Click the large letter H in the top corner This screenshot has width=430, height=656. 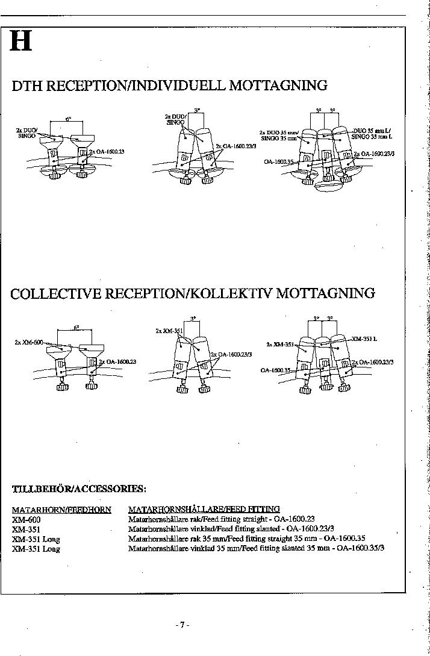(x=20, y=42)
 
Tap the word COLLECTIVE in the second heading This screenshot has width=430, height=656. (x=57, y=294)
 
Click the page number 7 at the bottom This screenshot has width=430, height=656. (x=183, y=625)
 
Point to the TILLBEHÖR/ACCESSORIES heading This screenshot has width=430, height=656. (x=79, y=488)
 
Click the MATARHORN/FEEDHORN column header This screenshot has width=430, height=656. (x=61, y=510)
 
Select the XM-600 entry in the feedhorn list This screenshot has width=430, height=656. (x=26, y=519)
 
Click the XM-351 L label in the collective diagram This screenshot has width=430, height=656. (x=364, y=339)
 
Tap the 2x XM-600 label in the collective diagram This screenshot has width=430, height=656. (x=29, y=342)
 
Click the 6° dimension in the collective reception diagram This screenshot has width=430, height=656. (x=76, y=328)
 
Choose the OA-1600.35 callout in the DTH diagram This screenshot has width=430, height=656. (x=278, y=161)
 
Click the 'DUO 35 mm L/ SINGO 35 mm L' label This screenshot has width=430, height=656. (x=372, y=134)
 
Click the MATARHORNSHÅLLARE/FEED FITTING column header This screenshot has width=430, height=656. (x=204, y=510)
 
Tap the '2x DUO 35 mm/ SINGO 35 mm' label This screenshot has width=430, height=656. (x=279, y=135)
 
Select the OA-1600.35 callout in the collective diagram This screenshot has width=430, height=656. (x=276, y=370)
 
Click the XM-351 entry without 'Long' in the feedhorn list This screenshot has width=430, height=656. (x=26, y=529)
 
